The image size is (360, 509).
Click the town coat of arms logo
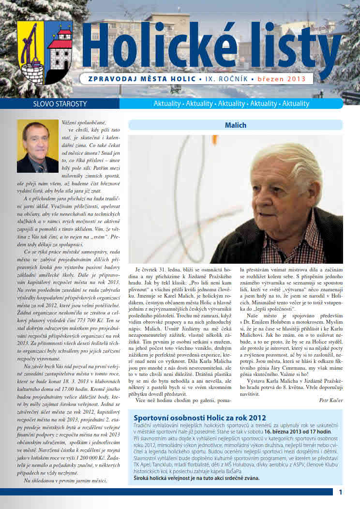45,53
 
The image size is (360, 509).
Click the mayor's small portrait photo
38,147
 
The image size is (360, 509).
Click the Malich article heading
236,125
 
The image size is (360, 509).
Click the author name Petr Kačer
331,400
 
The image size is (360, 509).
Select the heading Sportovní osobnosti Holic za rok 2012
200,418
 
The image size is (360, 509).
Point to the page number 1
341,492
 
